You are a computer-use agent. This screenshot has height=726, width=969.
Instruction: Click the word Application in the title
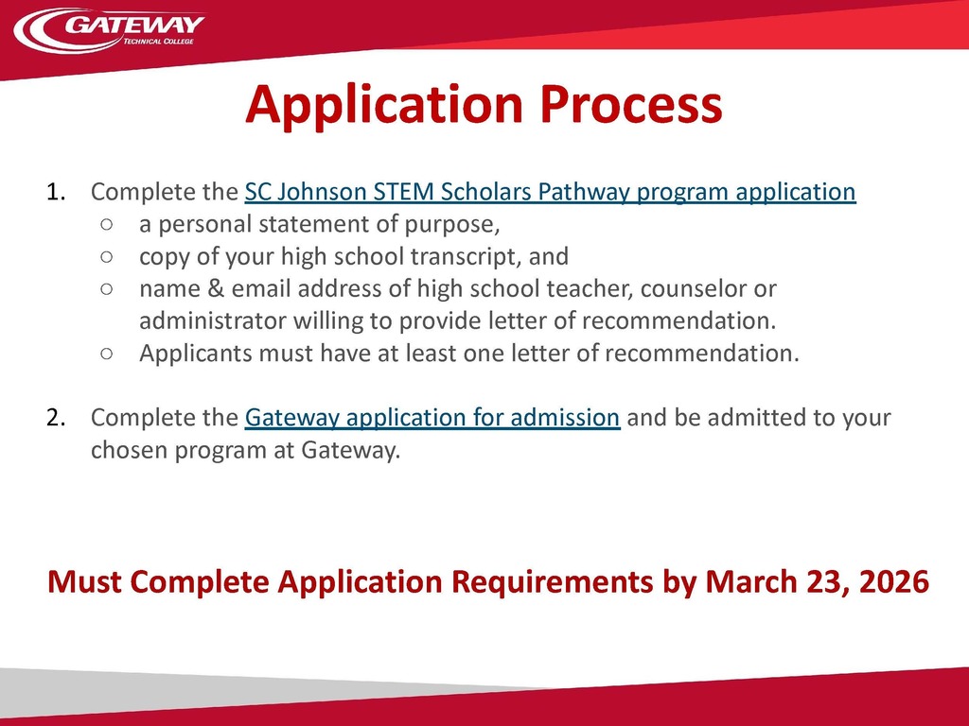[x=384, y=105]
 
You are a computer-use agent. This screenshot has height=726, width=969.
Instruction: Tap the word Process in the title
[x=631, y=104]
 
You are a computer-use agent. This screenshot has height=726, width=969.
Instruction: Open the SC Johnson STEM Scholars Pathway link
[x=550, y=192]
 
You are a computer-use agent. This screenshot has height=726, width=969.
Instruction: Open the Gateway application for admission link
[x=432, y=417]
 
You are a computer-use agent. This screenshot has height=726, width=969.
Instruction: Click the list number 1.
[x=56, y=192]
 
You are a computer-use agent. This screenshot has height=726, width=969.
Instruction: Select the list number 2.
[x=56, y=417]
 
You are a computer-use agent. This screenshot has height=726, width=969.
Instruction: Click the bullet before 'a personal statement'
[x=106, y=224]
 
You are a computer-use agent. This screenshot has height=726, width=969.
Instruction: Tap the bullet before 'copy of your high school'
[x=106, y=256]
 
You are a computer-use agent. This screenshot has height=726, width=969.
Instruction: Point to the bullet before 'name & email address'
[x=106, y=288]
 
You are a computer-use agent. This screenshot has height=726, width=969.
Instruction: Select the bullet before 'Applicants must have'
[x=106, y=354]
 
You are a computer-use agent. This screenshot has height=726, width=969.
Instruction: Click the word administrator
[x=212, y=321]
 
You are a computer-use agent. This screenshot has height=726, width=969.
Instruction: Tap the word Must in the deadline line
[x=84, y=581]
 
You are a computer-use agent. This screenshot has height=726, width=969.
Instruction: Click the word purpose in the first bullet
[x=451, y=225]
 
